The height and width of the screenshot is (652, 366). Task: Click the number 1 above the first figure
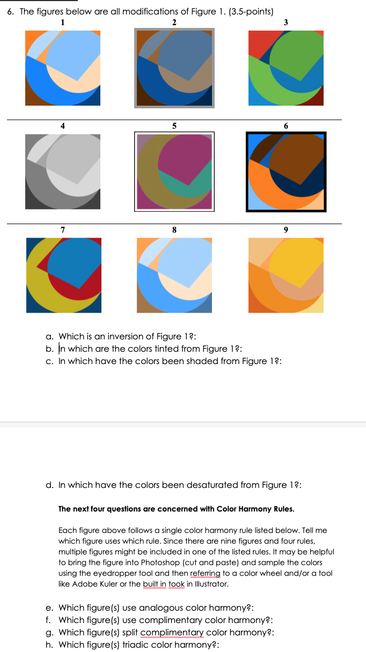(63, 22)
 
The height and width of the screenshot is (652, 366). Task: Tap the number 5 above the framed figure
(174, 125)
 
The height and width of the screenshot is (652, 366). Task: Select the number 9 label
(286, 229)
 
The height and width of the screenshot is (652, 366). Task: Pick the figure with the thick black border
(286, 172)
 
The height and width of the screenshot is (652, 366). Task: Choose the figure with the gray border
(174, 68)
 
